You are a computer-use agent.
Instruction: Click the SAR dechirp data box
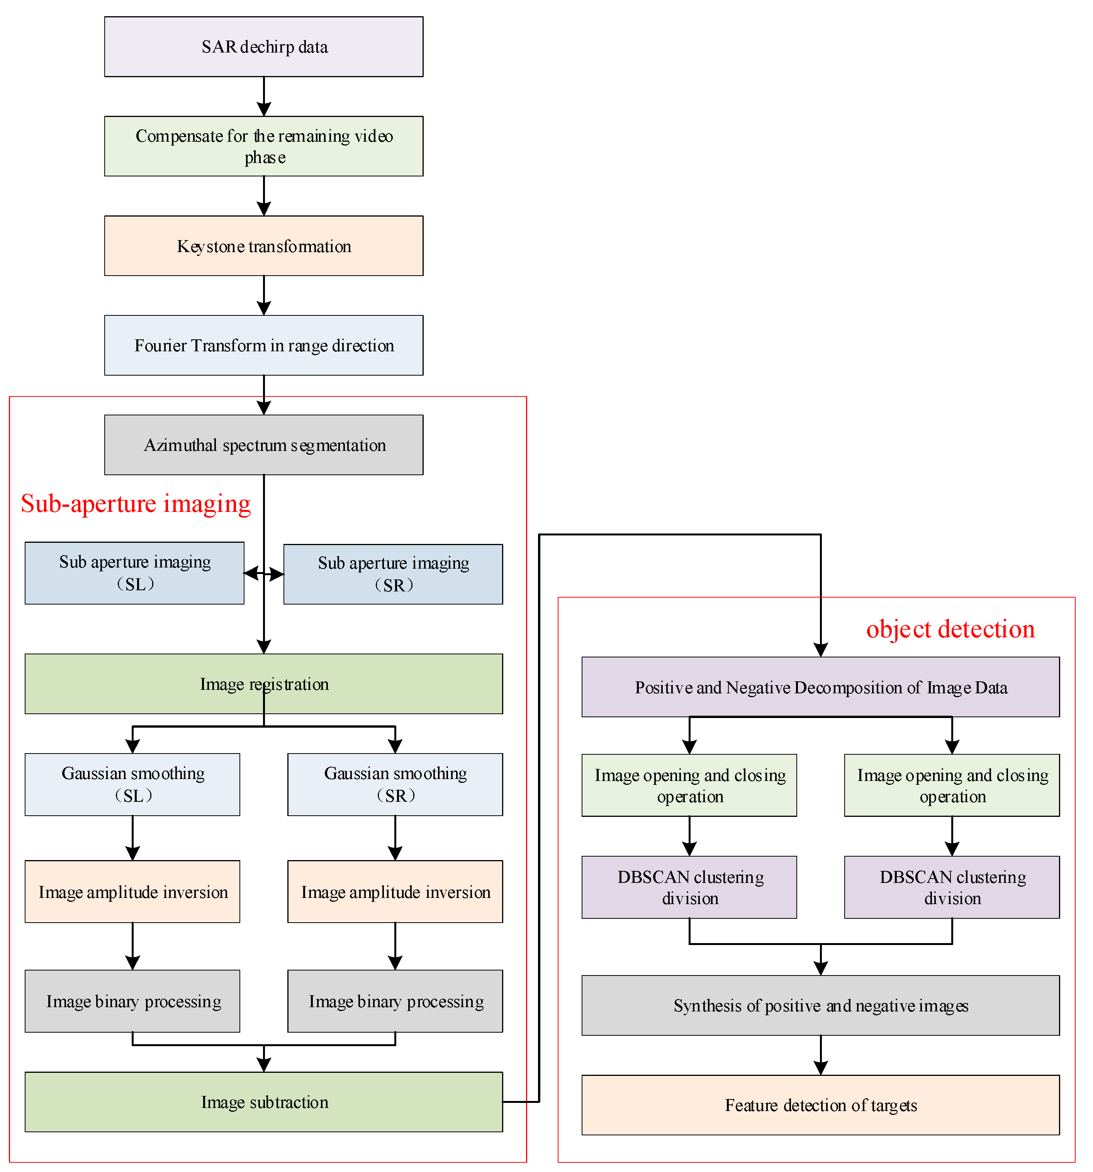pos(264,47)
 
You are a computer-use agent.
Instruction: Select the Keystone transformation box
pos(264,246)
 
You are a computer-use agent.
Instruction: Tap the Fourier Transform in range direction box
pos(264,346)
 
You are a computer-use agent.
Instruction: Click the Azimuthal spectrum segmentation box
pos(264,445)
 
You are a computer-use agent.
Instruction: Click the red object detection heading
pos(950,629)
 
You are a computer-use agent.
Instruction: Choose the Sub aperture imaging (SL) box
pos(134,573)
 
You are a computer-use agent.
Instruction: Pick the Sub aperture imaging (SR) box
pos(394,574)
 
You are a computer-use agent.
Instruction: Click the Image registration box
pos(264,684)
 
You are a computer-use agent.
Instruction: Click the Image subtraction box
pos(264,1102)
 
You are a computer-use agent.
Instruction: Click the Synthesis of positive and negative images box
pos(820,1006)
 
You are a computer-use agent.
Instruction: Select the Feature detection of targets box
pos(820,1105)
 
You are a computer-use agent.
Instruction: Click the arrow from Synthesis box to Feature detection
pos(820,1056)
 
